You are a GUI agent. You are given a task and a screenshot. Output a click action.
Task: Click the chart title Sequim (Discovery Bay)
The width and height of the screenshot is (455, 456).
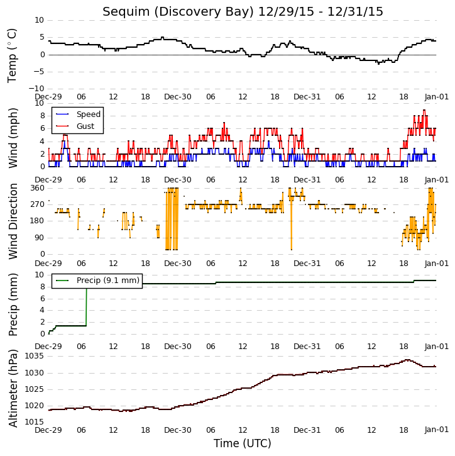(x=178, y=12)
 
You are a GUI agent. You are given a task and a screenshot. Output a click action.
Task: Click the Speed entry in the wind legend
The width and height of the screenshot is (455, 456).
(x=89, y=114)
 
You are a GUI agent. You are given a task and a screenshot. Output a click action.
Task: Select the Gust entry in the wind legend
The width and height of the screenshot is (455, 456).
(x=85, y=126)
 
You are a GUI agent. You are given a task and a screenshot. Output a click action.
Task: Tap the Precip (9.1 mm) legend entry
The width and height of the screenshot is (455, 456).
(x=108, y=281)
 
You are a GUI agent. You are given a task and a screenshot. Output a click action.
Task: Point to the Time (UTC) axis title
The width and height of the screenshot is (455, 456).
(x=243, y=443)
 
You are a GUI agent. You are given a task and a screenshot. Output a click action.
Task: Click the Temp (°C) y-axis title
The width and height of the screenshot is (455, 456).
(x=12, y=55)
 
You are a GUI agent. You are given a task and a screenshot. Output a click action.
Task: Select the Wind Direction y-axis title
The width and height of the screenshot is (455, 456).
(x=13, y=221)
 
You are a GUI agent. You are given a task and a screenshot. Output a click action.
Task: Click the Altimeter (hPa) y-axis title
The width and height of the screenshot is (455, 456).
(x=13, y=388)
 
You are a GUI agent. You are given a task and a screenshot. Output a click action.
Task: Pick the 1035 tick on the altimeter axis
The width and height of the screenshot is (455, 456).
(x=35, y=356)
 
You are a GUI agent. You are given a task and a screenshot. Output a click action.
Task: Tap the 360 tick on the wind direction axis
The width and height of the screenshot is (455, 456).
(x=38, y=188)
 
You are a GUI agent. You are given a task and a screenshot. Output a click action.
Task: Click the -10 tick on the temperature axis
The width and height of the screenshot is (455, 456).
(x=36, y=89)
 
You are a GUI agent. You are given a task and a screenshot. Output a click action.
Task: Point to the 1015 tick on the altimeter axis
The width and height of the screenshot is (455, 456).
(x=35, y=421)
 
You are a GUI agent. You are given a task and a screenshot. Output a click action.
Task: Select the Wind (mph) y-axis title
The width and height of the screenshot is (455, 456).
(x=13, y=138)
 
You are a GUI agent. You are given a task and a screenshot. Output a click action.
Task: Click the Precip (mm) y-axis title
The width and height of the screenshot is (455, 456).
(x=13, y=305)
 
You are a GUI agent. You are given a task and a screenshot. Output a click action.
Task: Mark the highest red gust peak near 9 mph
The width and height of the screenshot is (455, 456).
(x=424, y=110)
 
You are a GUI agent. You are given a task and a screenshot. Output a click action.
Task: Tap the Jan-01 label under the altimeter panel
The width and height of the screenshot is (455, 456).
(x=436, y=430)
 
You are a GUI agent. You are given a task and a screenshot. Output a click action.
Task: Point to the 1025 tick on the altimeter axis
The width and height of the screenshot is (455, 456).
(x=35, y=389)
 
